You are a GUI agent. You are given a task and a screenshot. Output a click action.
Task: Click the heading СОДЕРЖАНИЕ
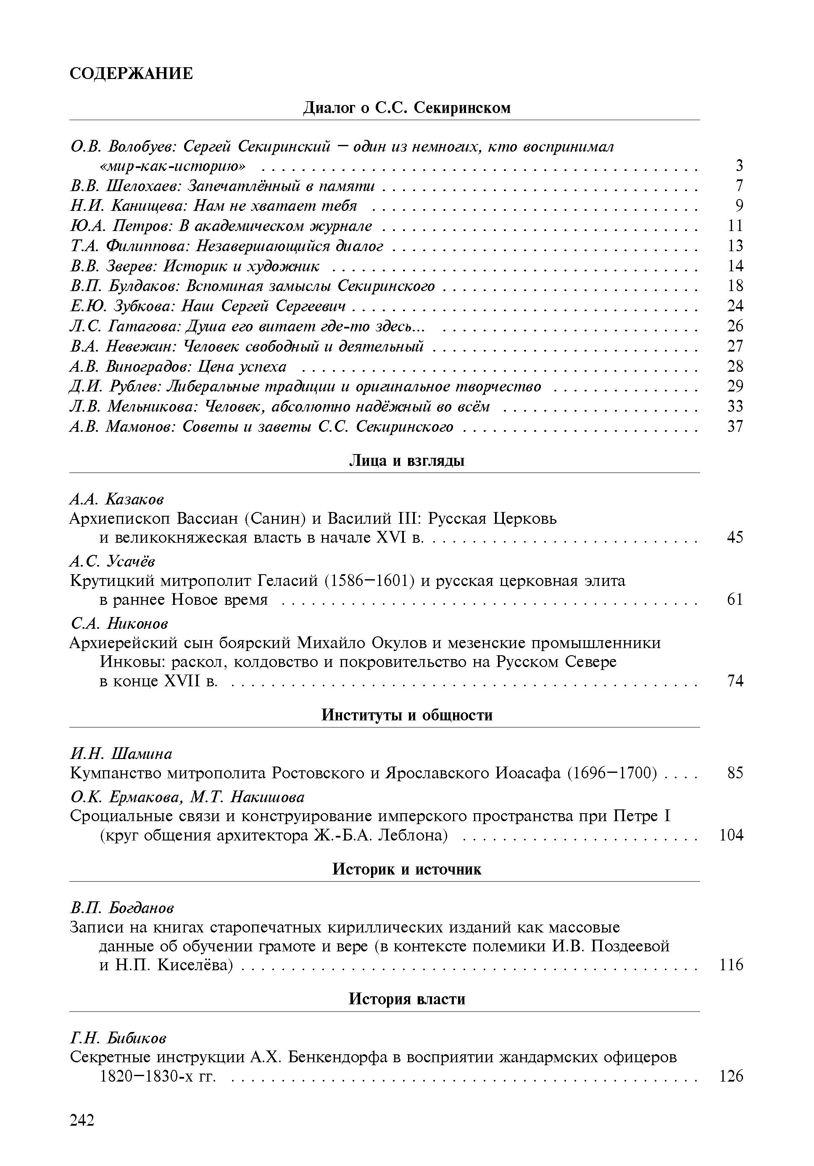131,74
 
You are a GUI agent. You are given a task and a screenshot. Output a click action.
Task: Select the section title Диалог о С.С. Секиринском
406,108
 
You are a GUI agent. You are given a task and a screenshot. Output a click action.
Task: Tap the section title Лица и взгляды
406,461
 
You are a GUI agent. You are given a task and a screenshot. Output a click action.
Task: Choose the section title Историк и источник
406,869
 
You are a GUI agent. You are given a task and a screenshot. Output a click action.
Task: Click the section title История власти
406,999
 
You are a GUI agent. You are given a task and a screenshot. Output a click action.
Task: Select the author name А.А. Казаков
117,499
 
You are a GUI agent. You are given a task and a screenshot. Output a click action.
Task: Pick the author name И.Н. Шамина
121,753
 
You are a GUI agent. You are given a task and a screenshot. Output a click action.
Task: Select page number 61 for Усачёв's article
735,600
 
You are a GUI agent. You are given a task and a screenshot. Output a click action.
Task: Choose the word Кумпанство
116,773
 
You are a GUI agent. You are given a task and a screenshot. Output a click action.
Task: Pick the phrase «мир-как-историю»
172,166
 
